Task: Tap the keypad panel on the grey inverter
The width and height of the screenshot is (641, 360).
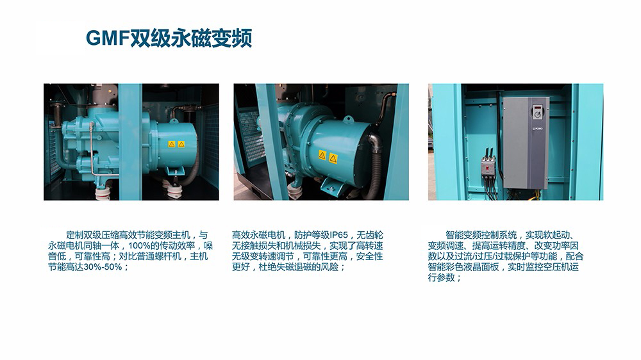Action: coord(537,112)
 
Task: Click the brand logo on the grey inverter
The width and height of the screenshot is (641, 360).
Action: coord(536,128)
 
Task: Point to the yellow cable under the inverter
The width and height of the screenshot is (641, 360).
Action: coord(531,197)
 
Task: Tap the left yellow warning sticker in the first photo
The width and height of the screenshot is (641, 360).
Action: coord(172,144)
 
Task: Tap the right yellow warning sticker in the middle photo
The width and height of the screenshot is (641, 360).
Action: coord(333,158)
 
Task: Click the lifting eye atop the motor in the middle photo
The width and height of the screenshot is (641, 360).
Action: coord(348,119)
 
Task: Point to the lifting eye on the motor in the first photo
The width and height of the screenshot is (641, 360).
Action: coord(173,120)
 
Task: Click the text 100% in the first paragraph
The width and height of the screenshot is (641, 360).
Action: coord(138,246)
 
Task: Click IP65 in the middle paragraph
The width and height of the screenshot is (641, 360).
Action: coord(339,235)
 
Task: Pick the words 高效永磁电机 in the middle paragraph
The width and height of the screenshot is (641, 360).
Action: coord(259,235)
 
